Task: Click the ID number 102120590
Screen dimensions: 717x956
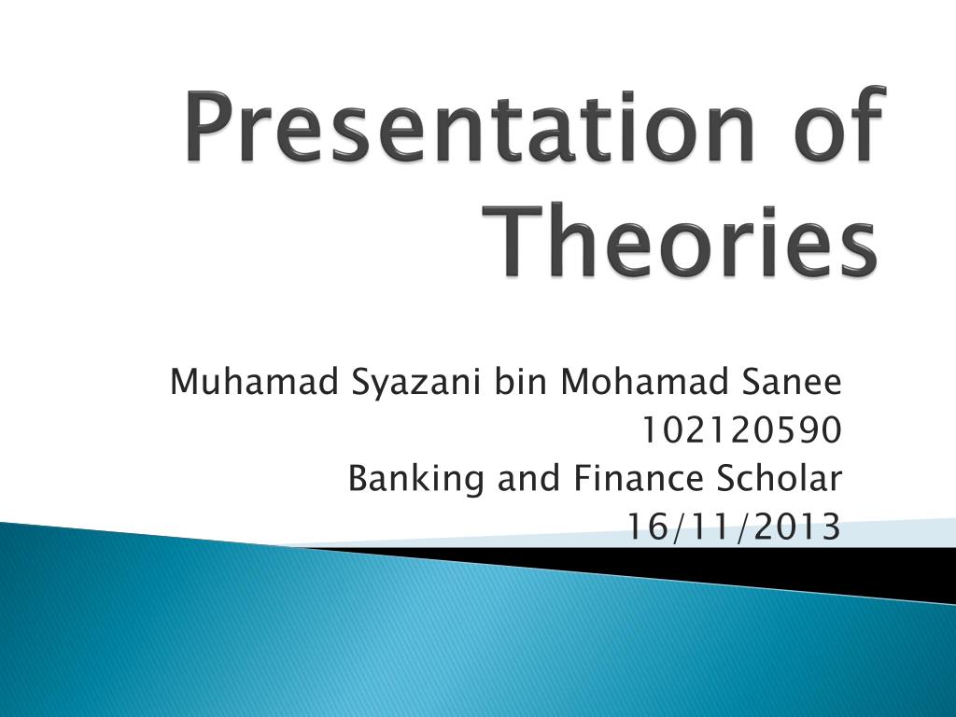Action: pyautogui.click(x=740, y=430)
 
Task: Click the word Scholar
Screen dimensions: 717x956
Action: pyautogui.click(x=780, y=479)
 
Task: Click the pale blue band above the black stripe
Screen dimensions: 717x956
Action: pyautogui.click(x=896, y=533)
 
